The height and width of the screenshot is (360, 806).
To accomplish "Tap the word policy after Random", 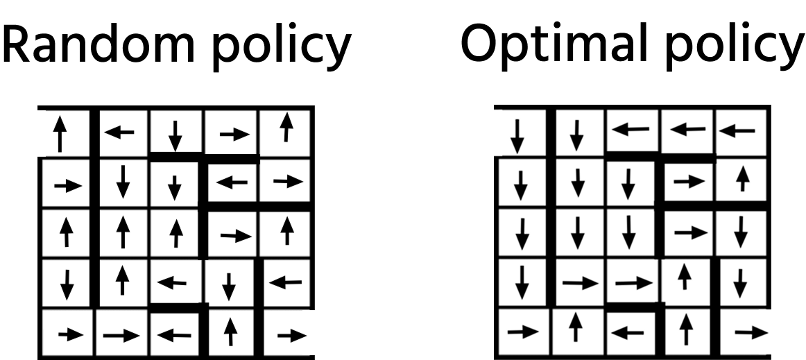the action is coord(282,49).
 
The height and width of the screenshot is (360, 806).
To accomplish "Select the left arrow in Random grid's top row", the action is coord(119,132).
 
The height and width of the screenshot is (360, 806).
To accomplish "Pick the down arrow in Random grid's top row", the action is coord(175,136).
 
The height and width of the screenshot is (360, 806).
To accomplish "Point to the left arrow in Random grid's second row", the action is coord(232,182).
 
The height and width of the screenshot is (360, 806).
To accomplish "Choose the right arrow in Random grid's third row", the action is coord(236,236).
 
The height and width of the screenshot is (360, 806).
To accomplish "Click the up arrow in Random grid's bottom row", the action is coord(231,332).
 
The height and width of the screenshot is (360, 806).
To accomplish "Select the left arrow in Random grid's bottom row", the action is coord(173,336).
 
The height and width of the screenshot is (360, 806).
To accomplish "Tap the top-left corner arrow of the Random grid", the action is coord(60,134).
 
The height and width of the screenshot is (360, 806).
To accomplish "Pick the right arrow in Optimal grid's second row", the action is coord(689,182).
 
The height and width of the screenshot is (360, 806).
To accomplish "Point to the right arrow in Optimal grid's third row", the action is coord(691,233).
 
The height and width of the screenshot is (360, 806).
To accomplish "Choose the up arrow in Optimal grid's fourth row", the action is coord(684,277).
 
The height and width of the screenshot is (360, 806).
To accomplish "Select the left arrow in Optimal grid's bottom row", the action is coord(628,333).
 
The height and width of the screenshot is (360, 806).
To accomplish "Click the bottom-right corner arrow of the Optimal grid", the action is coord(751,333).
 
